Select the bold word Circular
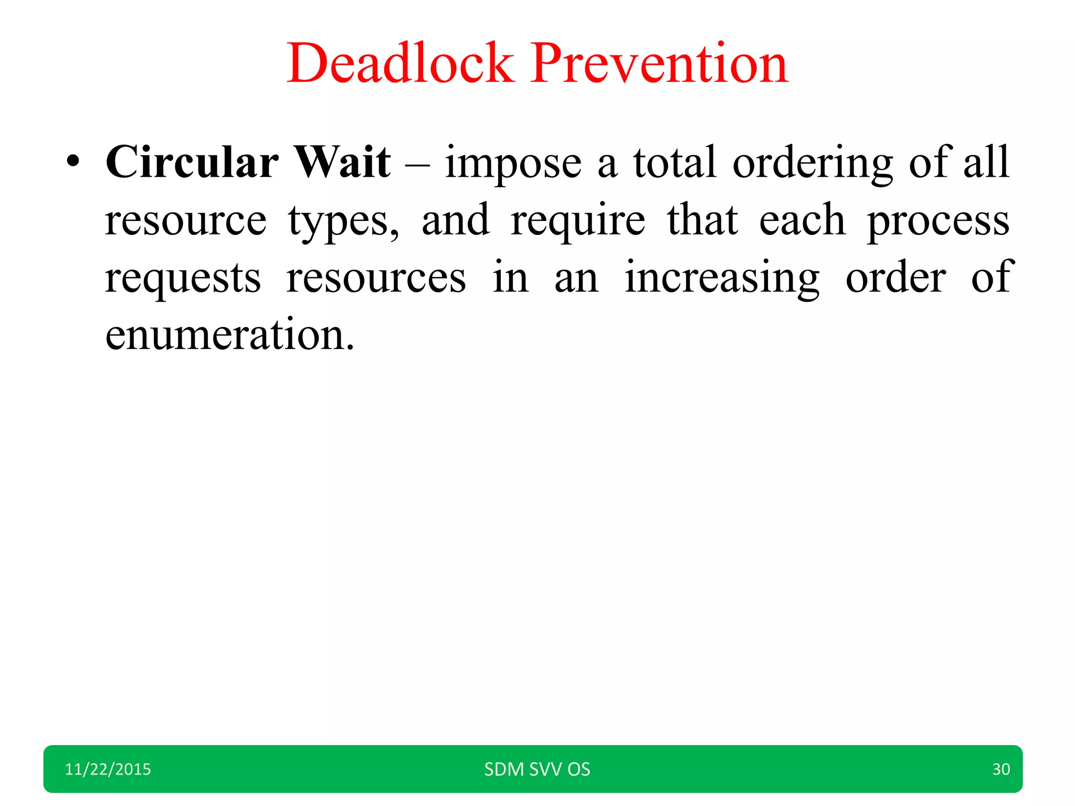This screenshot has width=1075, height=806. [192, 162]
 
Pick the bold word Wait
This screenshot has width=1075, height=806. [342, 162]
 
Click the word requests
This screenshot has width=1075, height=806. [183, 279]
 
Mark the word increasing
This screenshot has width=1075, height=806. [722, 279]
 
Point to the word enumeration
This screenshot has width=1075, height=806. [229, 334]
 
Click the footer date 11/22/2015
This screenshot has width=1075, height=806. [108, 769]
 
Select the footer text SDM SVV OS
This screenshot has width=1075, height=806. [537, 769]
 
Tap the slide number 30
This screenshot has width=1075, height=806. [1000, 769]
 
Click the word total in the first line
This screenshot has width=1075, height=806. [674, 163]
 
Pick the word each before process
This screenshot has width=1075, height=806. [802, 220]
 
